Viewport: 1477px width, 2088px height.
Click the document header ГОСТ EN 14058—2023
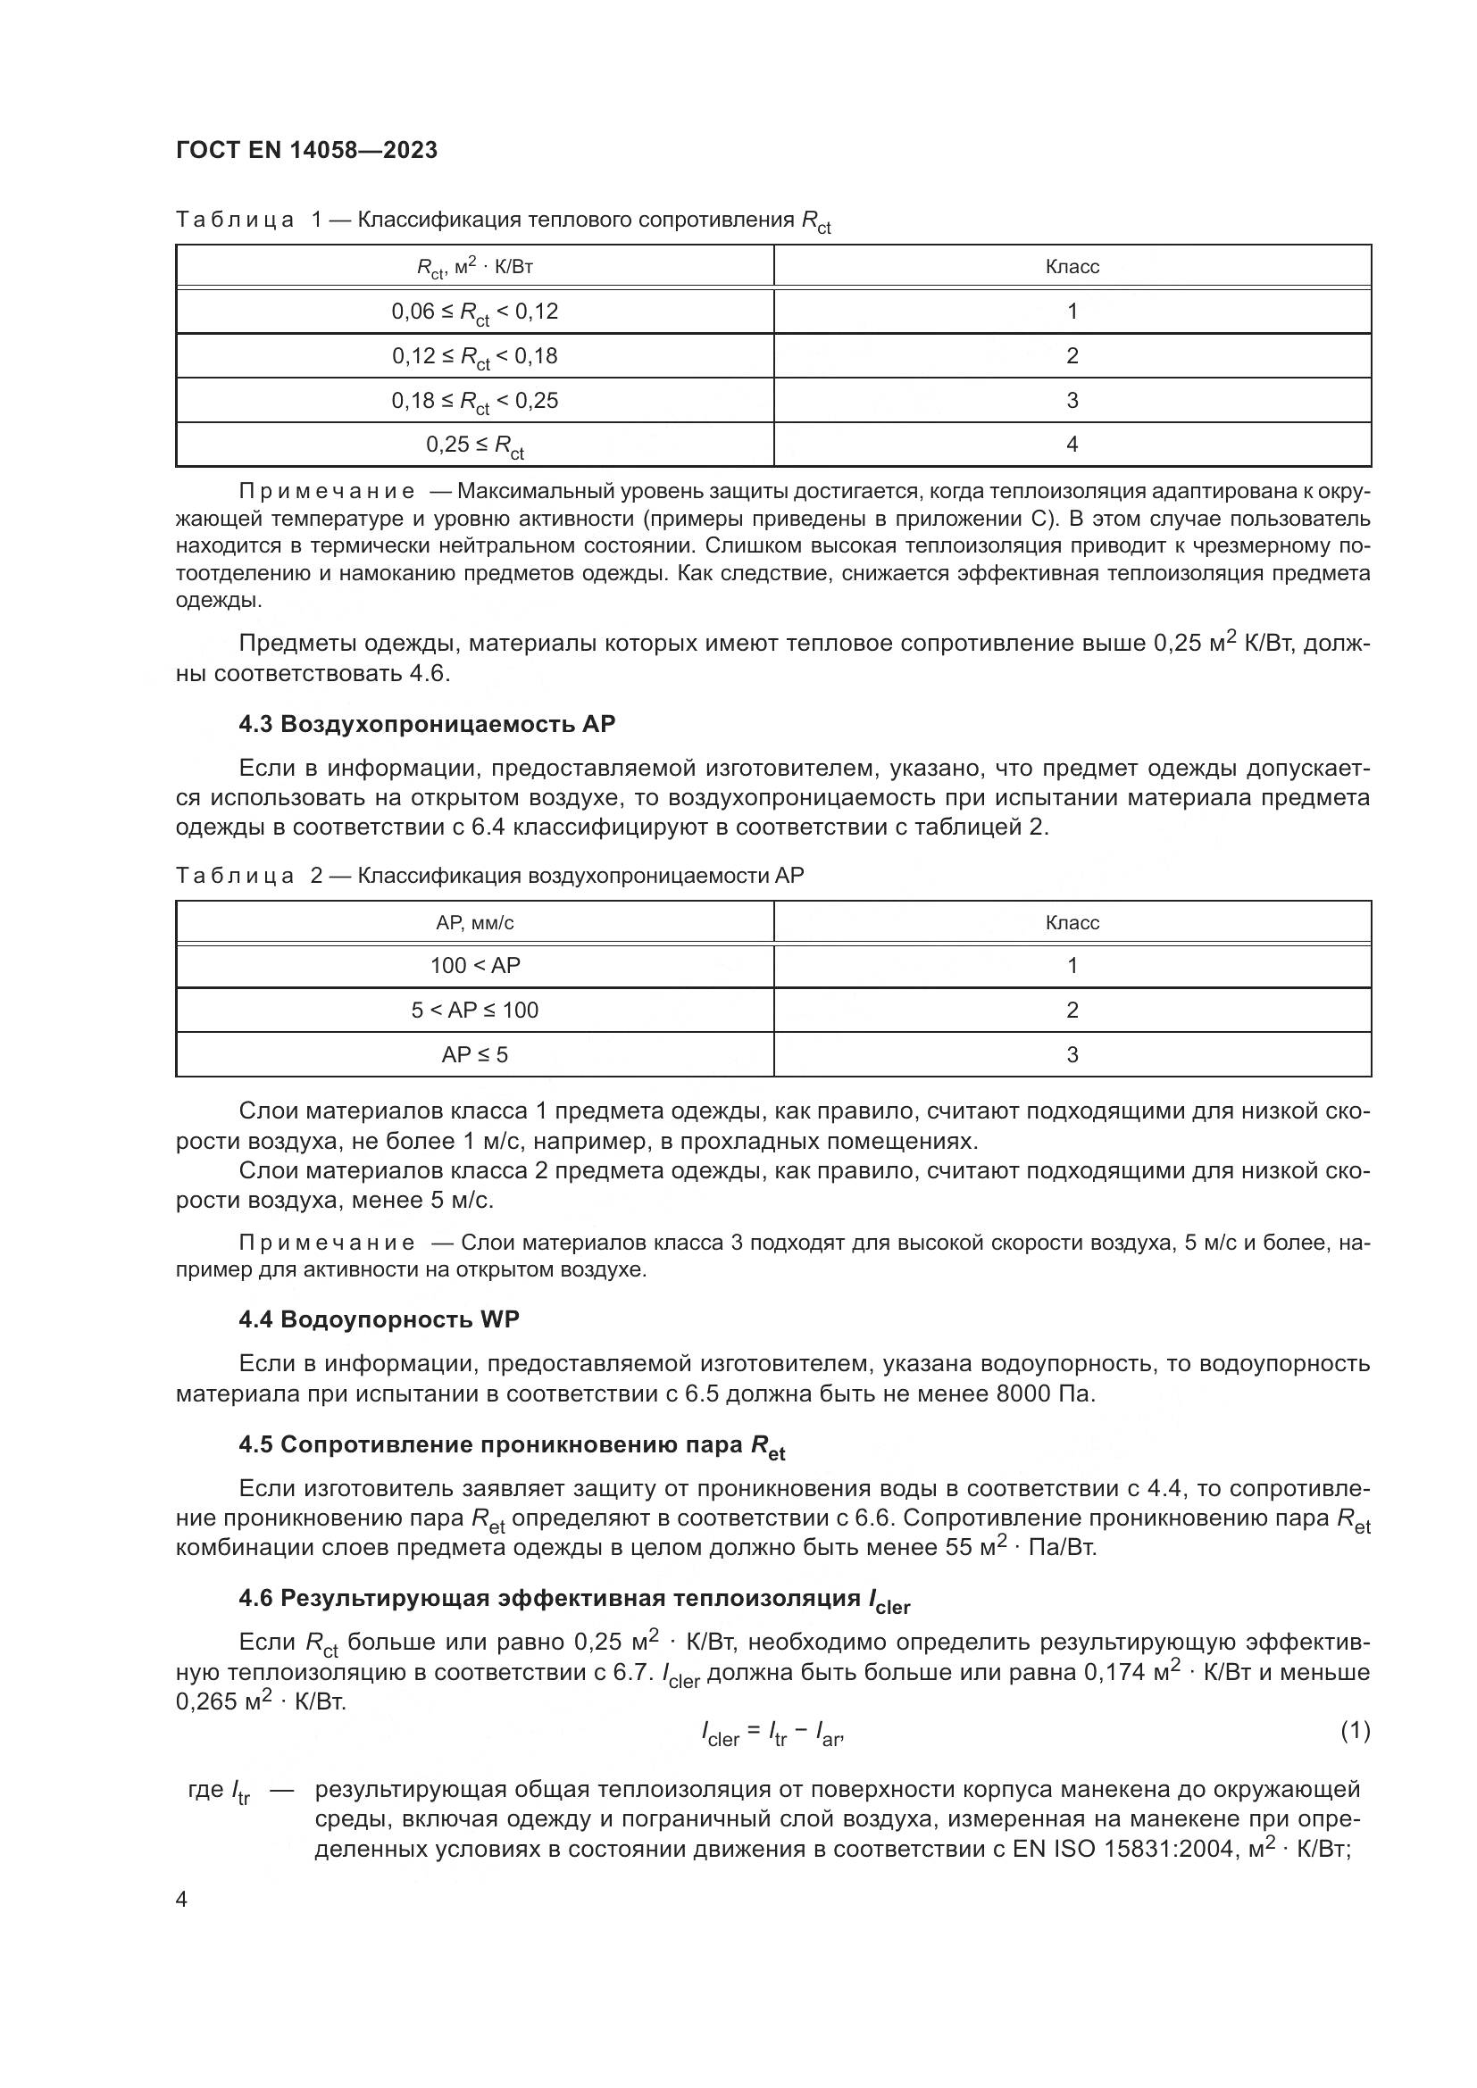(x=306, y=150)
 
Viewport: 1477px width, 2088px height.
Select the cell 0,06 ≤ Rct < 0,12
(x=475, y=312)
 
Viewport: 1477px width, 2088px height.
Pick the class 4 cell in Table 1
(x=1072, y=445)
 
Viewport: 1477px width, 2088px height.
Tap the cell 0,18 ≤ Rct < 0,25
(x=475, y=401)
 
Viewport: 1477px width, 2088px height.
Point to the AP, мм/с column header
(x=475, y=923)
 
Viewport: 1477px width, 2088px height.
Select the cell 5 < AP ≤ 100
(x=475, y=1011)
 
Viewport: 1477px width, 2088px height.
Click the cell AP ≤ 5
(x=475, y=1055)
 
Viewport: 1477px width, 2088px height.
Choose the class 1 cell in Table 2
(x=1072, y=966)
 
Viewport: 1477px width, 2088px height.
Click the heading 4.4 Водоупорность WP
(x=379, y=1319)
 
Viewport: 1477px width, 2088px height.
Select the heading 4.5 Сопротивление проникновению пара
(x=511, y=1446)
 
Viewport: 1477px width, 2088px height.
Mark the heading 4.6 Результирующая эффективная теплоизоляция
(x=573, y=1599)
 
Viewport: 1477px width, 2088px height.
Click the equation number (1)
(x=1355, y=1730)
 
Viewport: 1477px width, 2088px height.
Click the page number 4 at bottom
(x=182, y=1900)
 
